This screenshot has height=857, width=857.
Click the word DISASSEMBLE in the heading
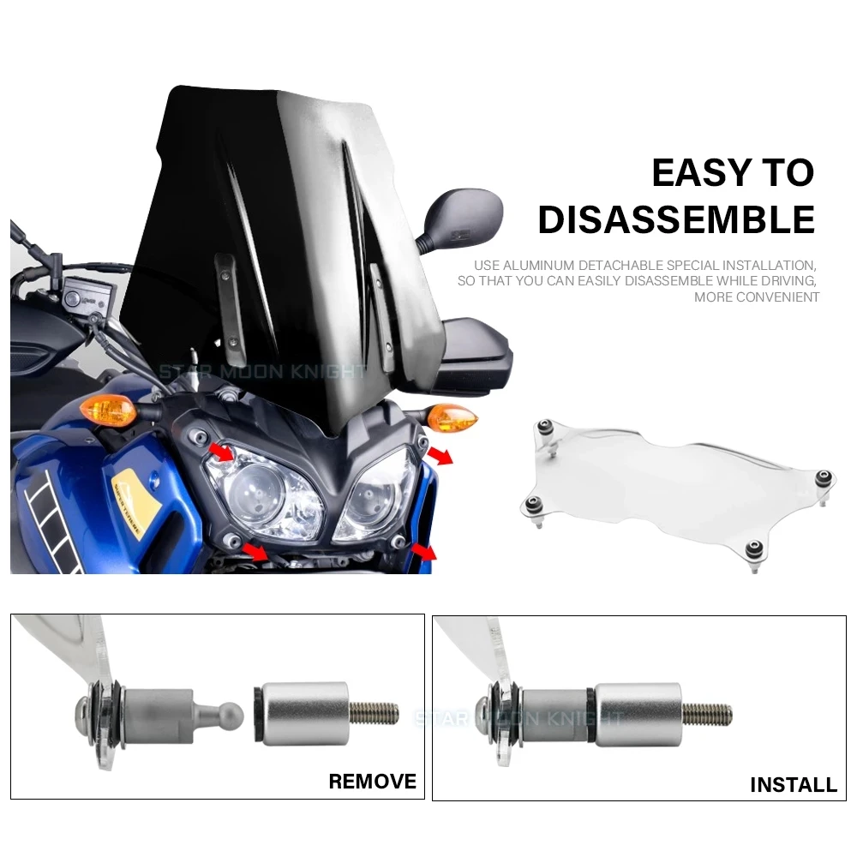tap(677, 219)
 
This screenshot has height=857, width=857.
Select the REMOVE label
tap(372, 782)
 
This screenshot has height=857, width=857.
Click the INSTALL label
tap(794, 785)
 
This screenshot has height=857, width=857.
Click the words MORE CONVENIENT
tap(757, 297)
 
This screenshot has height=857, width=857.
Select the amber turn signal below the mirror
tap(452, 417)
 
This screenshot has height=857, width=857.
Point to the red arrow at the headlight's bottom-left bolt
tap(255, 550)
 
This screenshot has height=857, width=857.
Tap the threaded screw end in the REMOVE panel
tap(375, 713)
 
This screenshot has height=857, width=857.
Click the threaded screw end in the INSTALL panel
tap(707, 714)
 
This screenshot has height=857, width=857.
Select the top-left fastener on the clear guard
tap(545, 427)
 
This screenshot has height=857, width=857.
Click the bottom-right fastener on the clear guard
tap(754, 548)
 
